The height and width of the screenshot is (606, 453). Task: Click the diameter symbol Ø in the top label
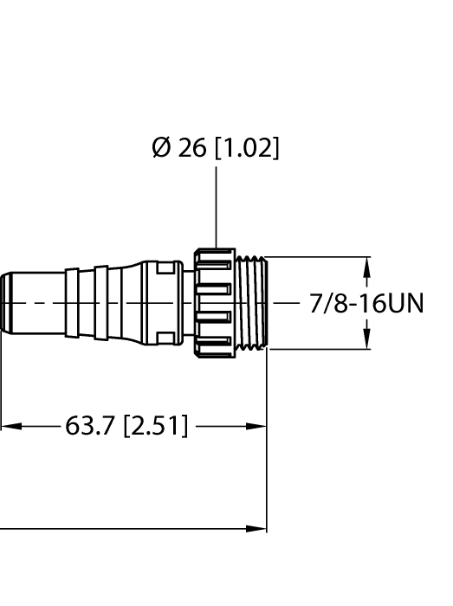pyautogui.click(x=162, y=149)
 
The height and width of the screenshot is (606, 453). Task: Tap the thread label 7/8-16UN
pyautogui.click(x=366, y=304)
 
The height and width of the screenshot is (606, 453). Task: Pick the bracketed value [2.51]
pyautogui.click(x=155, y=426)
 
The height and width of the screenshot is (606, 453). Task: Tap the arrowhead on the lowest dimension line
pyautogui.click(x=257, y=527)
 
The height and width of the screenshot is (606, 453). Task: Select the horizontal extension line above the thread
pyautogui.click(x=320, y=257)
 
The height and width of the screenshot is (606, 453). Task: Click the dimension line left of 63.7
pyautogui.click(x=35, y=426)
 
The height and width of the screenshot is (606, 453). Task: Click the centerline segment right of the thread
pyautogui.click(x=286, y=304)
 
